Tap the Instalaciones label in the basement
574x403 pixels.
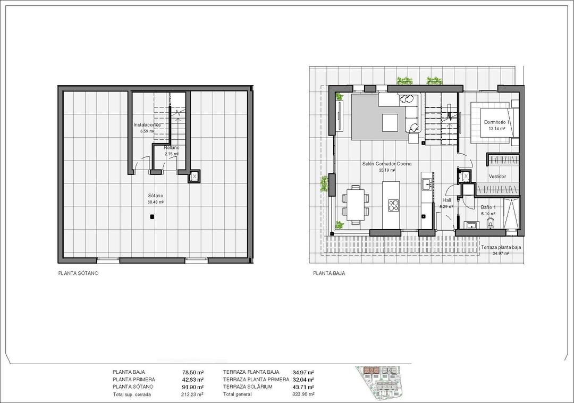(147, 125)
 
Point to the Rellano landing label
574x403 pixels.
(171, 148)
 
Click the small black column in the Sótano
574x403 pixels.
(152, 216)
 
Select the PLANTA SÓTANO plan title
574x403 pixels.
(79, 273)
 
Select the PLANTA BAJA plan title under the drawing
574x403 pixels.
(329, 273)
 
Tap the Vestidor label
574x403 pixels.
(497, 177)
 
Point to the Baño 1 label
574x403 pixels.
(488, 207)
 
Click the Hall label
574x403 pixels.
(446, 200)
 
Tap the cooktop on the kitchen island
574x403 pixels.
(394, 205)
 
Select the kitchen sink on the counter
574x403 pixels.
(426, 184)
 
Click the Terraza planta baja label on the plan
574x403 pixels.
(501, 248)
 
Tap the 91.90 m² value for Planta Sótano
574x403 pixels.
(192, 387)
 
